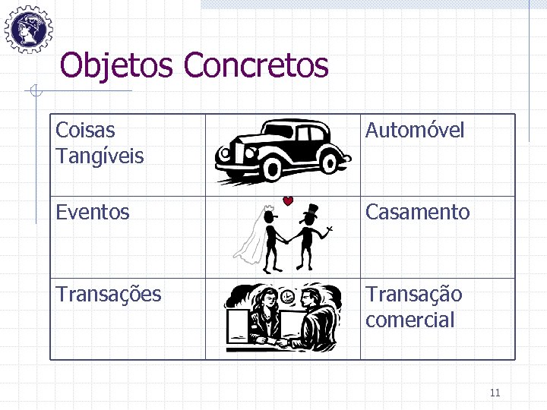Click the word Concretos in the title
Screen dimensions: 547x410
[256, 65]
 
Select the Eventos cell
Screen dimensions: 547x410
[93, 212]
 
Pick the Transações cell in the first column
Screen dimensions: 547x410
[109, 294]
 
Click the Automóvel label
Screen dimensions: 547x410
[414, 131]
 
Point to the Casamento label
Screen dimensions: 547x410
[417, 212]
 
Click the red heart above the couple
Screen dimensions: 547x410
[288, 201]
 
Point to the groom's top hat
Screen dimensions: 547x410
[310, 210]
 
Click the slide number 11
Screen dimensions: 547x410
[495, 393]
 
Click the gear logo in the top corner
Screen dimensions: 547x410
[28, 28]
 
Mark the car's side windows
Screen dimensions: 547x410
[296, 135]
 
